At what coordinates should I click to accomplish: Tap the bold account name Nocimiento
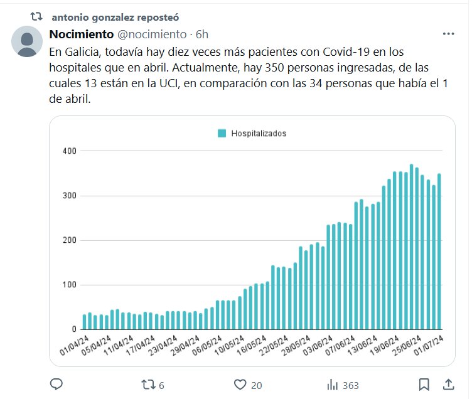[x=81, y=34]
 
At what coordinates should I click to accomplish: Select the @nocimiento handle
[x=152, y=34]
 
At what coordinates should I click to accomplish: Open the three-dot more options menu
[x=448, y=34]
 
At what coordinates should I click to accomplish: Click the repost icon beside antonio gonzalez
[x=36, y=15]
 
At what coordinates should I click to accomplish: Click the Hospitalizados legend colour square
[x=222, y=133]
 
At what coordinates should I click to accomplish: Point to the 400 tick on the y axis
[x=69, y=151]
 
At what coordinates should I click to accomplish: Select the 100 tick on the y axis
[x=69, y=285]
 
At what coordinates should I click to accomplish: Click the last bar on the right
[x=439, y=251]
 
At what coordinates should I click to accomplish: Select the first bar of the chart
[x=85, y=322]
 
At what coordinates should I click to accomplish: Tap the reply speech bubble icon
[x=55, y=384]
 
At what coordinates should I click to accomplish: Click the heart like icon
[x=239, y=384]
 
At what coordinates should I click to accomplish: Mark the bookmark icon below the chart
[x=424, y=384]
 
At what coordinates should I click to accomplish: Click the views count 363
[x=351, y=385]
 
